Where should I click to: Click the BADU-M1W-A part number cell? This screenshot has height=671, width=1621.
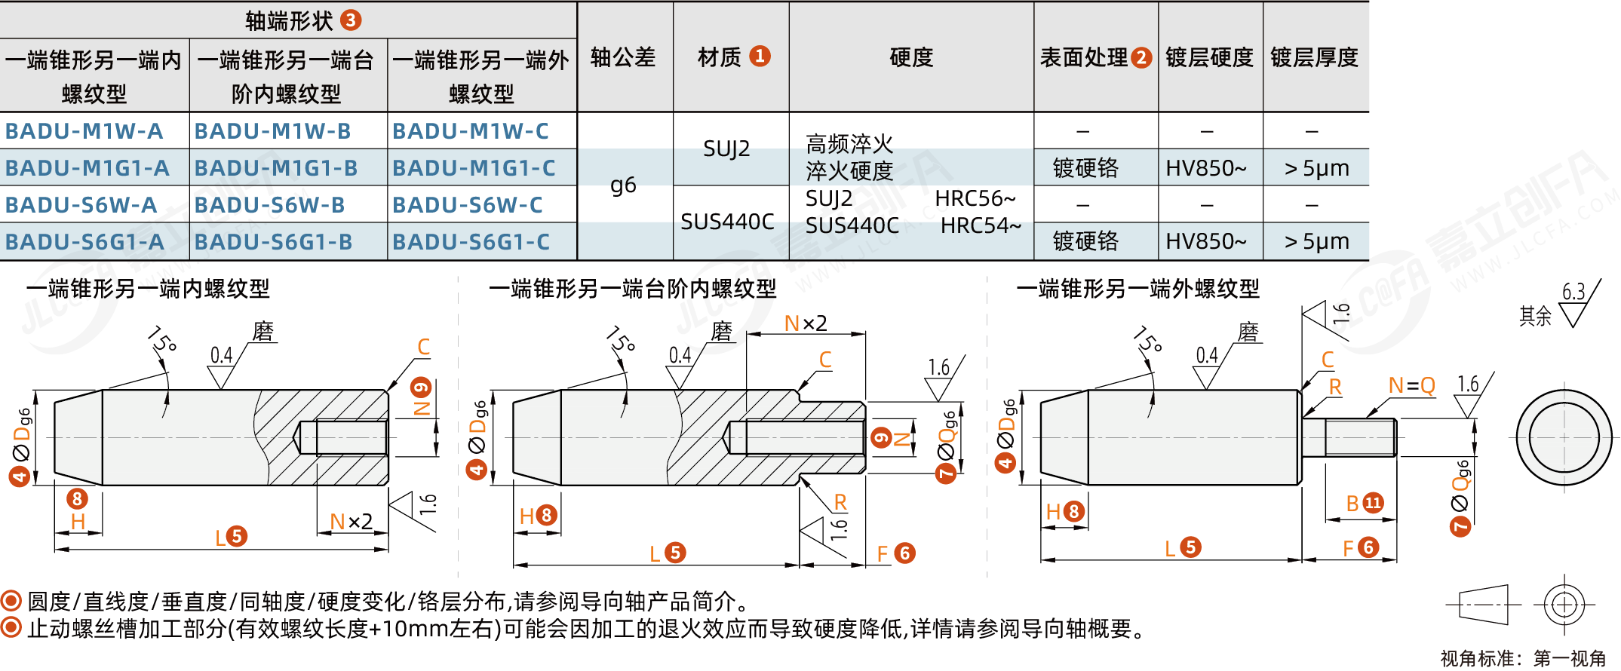[x=84, y=131]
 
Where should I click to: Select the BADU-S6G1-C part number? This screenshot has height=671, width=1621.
[x=471, y=242]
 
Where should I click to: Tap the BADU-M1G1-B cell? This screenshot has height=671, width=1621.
[x=275, y=168]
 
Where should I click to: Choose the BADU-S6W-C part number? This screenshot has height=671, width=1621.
[x=468, y=205]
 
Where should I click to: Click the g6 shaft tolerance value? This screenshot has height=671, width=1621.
[x=623, y=185]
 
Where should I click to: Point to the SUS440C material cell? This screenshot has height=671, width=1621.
[x=727, y=222]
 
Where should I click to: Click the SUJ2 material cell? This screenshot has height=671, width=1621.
[x=726, y=149]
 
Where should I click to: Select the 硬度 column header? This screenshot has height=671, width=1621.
[x=911, y=57]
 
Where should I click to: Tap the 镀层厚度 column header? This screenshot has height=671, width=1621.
[x=1314, y=57]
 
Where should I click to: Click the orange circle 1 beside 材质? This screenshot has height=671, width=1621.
[x=760, y=56]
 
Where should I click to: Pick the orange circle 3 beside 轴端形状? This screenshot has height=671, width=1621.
[x=351, y=20]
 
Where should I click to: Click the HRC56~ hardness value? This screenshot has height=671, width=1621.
[x=975, y=198]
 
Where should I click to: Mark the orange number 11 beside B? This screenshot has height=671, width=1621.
[x=1373, y=503]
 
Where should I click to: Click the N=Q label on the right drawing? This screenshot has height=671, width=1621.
[x=1411, y=386]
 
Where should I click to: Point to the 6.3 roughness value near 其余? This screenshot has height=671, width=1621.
[x=1573, y=292]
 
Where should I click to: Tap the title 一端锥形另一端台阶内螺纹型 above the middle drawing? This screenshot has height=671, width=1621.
[x=632, y=289]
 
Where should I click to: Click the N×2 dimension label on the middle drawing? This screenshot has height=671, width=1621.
[x=806, y=323]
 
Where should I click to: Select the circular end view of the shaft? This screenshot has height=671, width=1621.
[x=1564, y=437]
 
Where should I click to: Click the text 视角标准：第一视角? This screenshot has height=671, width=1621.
[x=1523, y=658]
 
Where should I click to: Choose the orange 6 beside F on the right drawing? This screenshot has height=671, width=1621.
[x=1368, y=547]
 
